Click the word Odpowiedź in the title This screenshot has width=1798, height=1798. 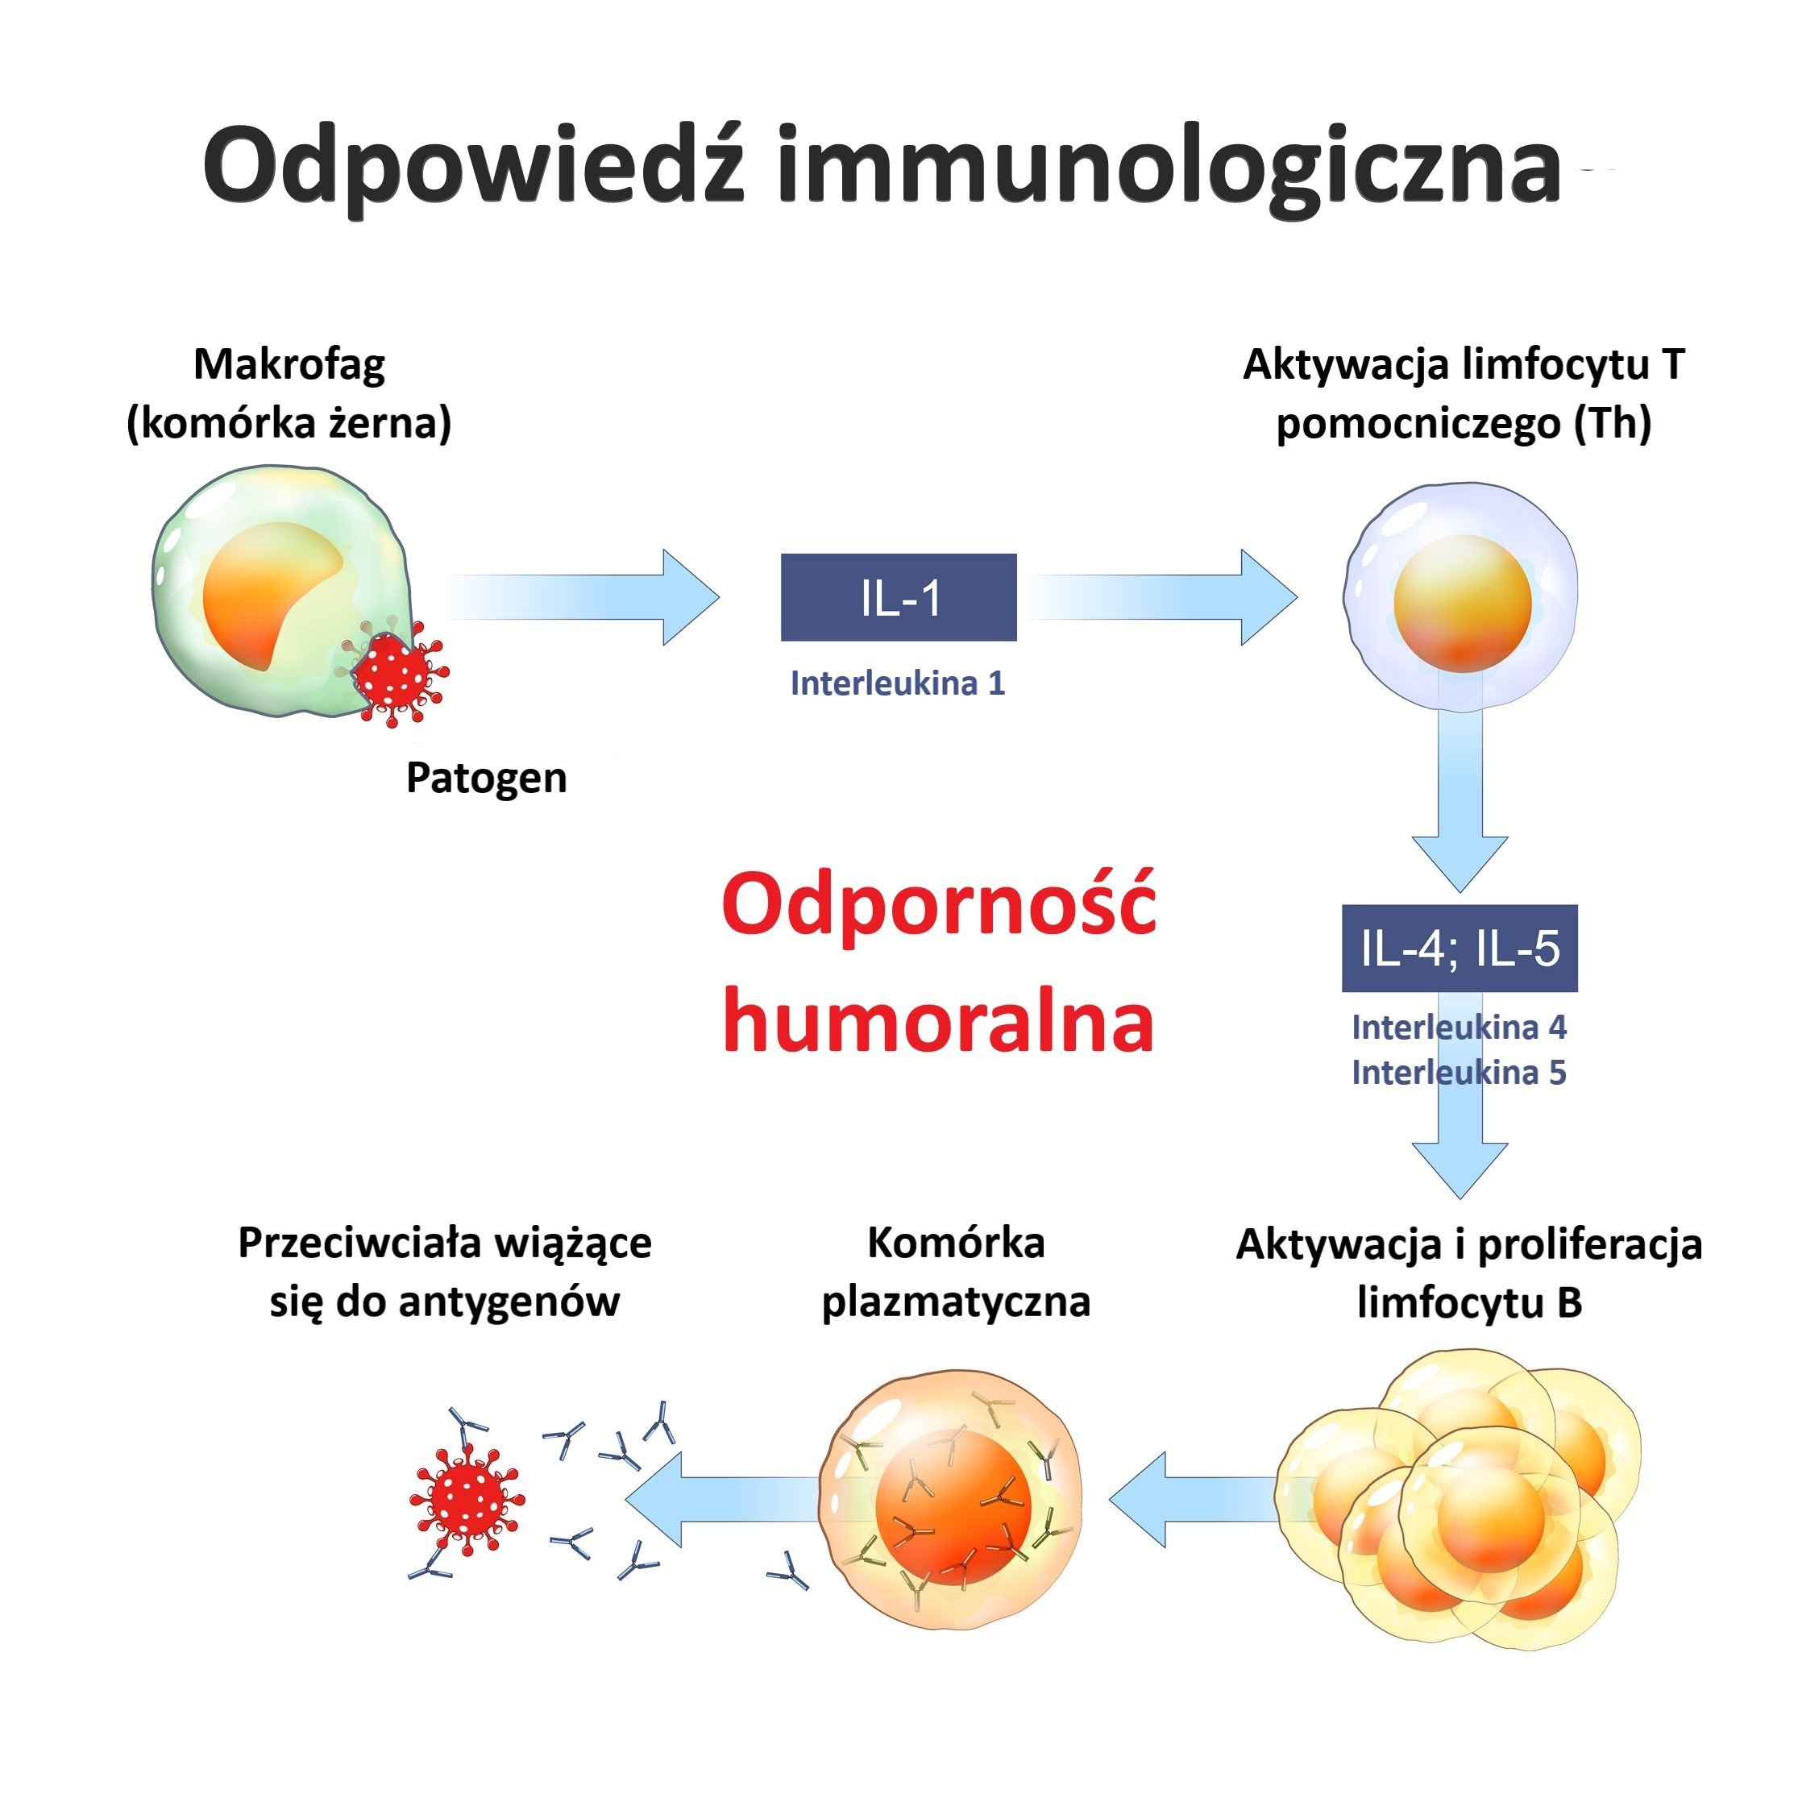pyautogui.click(x=473, y=168)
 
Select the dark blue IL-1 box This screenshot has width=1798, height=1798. pyautogui.click(x=898, y=597)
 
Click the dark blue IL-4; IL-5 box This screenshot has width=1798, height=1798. pyautogui.click(x=1460, y=949)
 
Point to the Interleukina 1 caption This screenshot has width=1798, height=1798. pyautogui.click(x=898, y=684)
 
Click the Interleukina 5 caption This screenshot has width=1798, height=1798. pyautogui.click(x=1460, y=1073)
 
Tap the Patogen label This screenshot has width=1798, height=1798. pyautogui.click(x=486, y=778)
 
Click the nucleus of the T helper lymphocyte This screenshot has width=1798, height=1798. pyautogui.click(x=1462, y=603)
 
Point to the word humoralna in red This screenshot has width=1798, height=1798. pyautogui.click(x=938, y=1022)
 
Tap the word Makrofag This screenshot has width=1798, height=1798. pyautogui.click(x=289, y=365)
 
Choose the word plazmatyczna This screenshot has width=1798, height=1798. pyautogui.click(x=956, y=1301)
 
